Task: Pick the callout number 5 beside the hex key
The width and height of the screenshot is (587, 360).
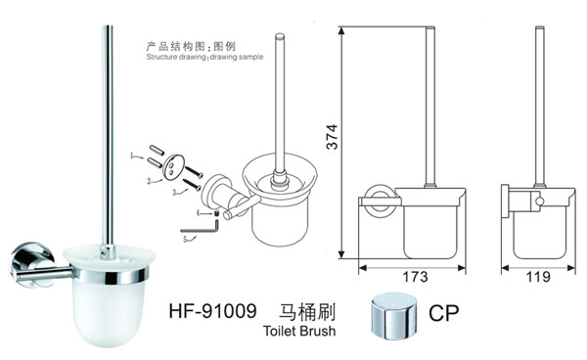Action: coord(183,237)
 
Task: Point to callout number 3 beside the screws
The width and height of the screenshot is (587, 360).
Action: coord(173,194)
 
